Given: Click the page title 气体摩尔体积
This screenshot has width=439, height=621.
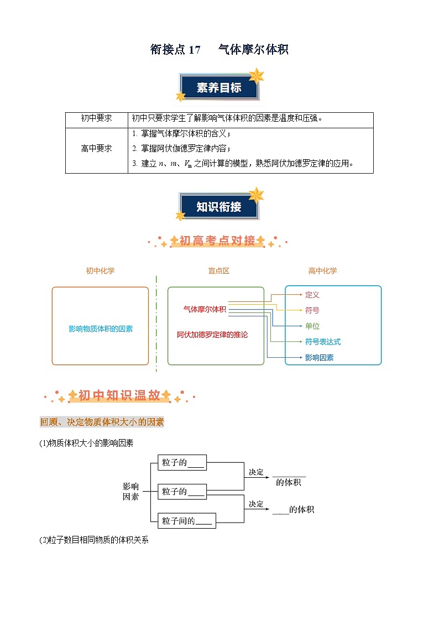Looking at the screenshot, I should coord(253,50).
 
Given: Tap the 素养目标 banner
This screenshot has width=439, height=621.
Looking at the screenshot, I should coord(219,88).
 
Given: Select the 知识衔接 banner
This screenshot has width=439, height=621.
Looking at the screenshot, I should coord(219,207).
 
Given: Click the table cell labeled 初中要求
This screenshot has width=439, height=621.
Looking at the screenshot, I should coord(96,118).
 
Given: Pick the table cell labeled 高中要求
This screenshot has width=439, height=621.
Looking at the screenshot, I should coord(96,149).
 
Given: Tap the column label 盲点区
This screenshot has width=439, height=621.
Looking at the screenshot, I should coord(218,271).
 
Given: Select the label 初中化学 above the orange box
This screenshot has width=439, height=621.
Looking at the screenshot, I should coord(100,271).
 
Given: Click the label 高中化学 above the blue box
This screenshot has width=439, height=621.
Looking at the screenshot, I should coord(322,271).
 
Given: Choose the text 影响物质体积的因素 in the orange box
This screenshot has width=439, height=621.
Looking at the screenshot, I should coord(100,328).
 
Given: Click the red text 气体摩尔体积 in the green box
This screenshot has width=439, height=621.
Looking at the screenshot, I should coord(205,309).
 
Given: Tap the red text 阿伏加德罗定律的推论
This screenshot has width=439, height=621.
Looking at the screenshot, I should coord(212,335).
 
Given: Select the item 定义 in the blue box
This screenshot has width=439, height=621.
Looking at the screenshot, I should coord(312,295).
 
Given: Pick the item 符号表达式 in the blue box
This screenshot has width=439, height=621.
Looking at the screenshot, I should coord(323,342).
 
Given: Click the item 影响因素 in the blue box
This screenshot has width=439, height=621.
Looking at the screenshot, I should coord(320,358).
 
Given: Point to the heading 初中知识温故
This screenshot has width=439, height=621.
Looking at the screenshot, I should coord(119,395).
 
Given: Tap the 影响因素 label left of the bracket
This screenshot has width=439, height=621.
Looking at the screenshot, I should coord(130,491).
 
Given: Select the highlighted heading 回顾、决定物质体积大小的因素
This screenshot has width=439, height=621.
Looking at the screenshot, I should coord(102,422).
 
